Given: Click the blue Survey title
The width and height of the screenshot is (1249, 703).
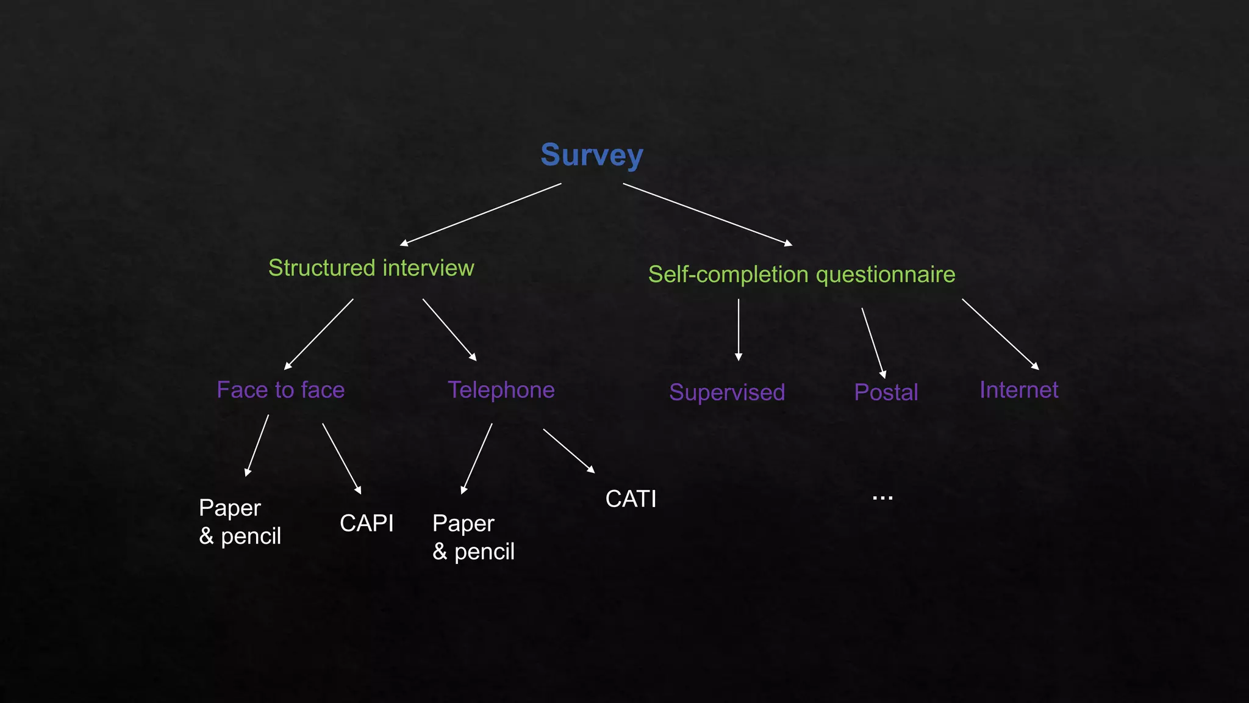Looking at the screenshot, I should click(592, 155).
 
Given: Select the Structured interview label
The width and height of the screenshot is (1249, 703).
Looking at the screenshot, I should click(371, 268).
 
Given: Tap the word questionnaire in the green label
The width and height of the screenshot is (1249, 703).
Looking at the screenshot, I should click(885, 275).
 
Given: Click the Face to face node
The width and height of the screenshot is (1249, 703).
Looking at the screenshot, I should click(281, 390).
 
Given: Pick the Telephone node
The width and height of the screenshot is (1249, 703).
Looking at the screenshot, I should click(501, 390).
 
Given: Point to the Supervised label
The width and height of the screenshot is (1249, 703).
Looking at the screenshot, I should click(726, 392).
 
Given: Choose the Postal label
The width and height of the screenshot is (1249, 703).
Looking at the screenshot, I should click(886, 392).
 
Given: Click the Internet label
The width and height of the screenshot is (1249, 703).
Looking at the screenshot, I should click(1018, 390).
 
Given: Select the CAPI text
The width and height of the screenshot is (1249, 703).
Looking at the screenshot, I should click(367, 524).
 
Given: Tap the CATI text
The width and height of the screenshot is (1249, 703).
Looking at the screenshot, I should click(631, 499).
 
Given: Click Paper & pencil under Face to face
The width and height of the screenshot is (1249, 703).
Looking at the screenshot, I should click(240, 522).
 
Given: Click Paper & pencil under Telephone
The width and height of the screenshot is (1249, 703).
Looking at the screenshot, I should click(473, 538).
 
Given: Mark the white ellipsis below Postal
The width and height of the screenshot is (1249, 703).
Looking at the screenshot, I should click(882, 498).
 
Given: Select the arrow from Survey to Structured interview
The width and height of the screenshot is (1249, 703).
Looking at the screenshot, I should click(481, 214).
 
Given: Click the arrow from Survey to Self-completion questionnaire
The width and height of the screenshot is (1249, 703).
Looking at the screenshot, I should click(707, 214).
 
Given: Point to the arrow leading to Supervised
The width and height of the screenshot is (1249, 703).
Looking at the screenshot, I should click(739, 330).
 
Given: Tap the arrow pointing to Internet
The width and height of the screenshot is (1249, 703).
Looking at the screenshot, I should click(1000, 334).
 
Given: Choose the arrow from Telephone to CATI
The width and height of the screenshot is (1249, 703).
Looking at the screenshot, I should click(568, 451).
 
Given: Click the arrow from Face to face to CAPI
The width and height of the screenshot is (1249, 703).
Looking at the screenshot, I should click(342, 458).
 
